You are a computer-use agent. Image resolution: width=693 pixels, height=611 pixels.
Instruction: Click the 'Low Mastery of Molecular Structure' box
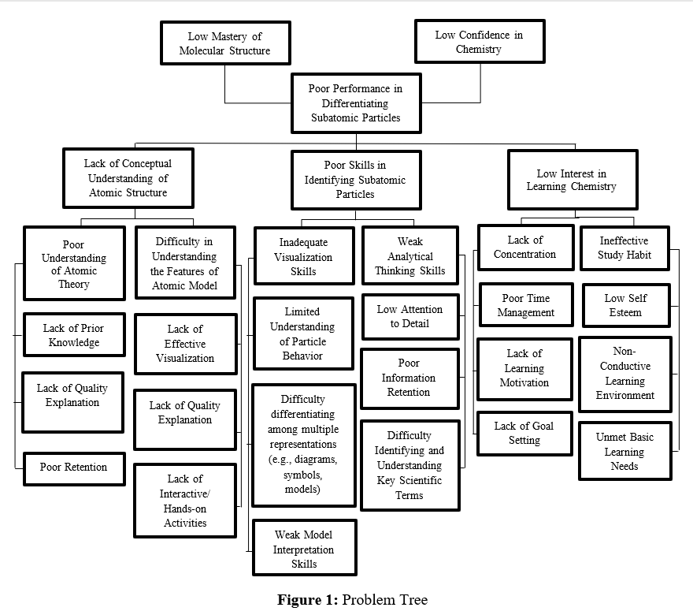(225, 43)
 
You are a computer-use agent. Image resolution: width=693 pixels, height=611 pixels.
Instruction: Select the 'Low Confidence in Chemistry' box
(480, 41)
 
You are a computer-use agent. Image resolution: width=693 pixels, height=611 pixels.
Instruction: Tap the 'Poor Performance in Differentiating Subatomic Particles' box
(356, 103)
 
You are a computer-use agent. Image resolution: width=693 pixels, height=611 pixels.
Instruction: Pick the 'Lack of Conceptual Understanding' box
(128, 178)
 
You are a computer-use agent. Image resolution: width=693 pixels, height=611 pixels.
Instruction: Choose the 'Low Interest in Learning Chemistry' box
(573, 180)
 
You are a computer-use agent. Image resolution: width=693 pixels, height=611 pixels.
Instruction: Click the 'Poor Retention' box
(74, 468)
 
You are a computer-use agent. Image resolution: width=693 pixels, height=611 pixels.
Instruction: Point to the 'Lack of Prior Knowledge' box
(74, 334)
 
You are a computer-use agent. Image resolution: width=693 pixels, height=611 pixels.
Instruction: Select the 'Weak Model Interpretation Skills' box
(305, 548)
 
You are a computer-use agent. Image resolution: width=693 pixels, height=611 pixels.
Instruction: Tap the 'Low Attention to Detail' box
(410, 317)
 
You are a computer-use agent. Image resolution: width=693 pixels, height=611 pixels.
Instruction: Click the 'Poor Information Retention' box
(409, 378)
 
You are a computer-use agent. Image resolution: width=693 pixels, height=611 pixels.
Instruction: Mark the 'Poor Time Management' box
(526, 305)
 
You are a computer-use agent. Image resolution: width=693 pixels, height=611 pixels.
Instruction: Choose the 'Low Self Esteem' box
(626, 305)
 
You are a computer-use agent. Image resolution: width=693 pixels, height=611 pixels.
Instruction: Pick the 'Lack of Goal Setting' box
(524, 433)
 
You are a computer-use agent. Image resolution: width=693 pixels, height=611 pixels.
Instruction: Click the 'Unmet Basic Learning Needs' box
(625, 451)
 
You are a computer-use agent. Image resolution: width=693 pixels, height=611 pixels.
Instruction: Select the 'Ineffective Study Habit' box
(625, 248)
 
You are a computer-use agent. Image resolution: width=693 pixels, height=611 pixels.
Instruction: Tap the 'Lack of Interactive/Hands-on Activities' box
(185, 501)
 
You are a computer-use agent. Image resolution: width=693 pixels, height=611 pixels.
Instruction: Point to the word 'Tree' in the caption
(413, 600)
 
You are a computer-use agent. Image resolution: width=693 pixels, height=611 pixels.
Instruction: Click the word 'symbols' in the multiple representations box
(302, 475)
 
